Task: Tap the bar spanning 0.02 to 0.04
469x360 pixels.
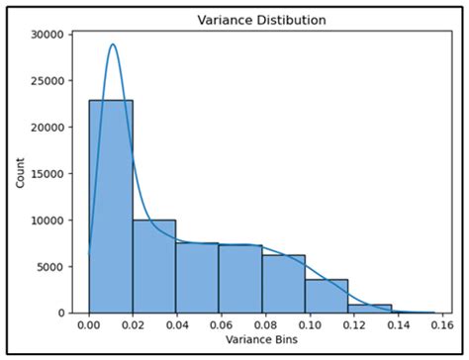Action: click(x=154, y=265)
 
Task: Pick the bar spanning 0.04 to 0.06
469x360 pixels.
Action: click(x=197, y=278)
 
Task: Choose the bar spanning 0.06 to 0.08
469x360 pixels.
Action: click(x=240, y=279)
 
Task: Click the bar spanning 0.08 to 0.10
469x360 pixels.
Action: click(x=283, y=284)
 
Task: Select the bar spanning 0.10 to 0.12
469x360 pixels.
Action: click(x=327, y=296)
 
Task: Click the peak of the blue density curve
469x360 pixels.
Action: click(x=113, y=45)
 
